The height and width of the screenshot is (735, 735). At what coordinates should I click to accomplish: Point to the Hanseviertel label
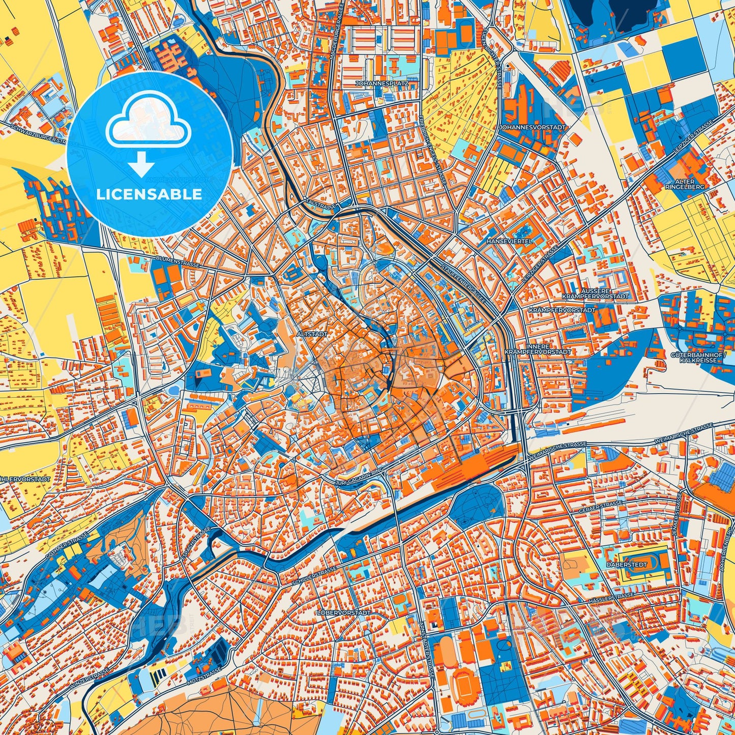[x=510, y=241]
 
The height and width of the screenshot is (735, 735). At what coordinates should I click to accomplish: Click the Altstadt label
[x=309, y=334]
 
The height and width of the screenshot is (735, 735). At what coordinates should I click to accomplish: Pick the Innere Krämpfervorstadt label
[x=538, y=348]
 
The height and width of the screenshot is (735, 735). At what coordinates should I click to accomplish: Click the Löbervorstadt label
[x=344, y=613]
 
